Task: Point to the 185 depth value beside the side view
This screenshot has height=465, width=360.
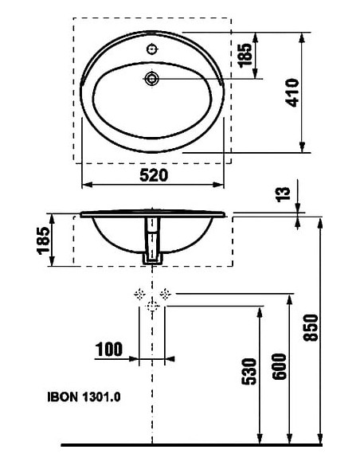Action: point(44,239)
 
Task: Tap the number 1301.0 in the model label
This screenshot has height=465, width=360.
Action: point(103,394)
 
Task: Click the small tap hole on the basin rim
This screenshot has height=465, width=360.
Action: point(151,49)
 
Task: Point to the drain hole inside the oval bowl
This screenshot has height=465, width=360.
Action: point(151,78)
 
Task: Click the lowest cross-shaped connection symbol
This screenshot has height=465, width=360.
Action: point(151,307)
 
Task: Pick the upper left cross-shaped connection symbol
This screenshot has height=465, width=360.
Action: point(139,294)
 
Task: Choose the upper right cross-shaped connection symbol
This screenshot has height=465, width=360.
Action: point(164,294)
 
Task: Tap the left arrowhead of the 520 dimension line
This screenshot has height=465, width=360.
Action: point(87,186)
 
